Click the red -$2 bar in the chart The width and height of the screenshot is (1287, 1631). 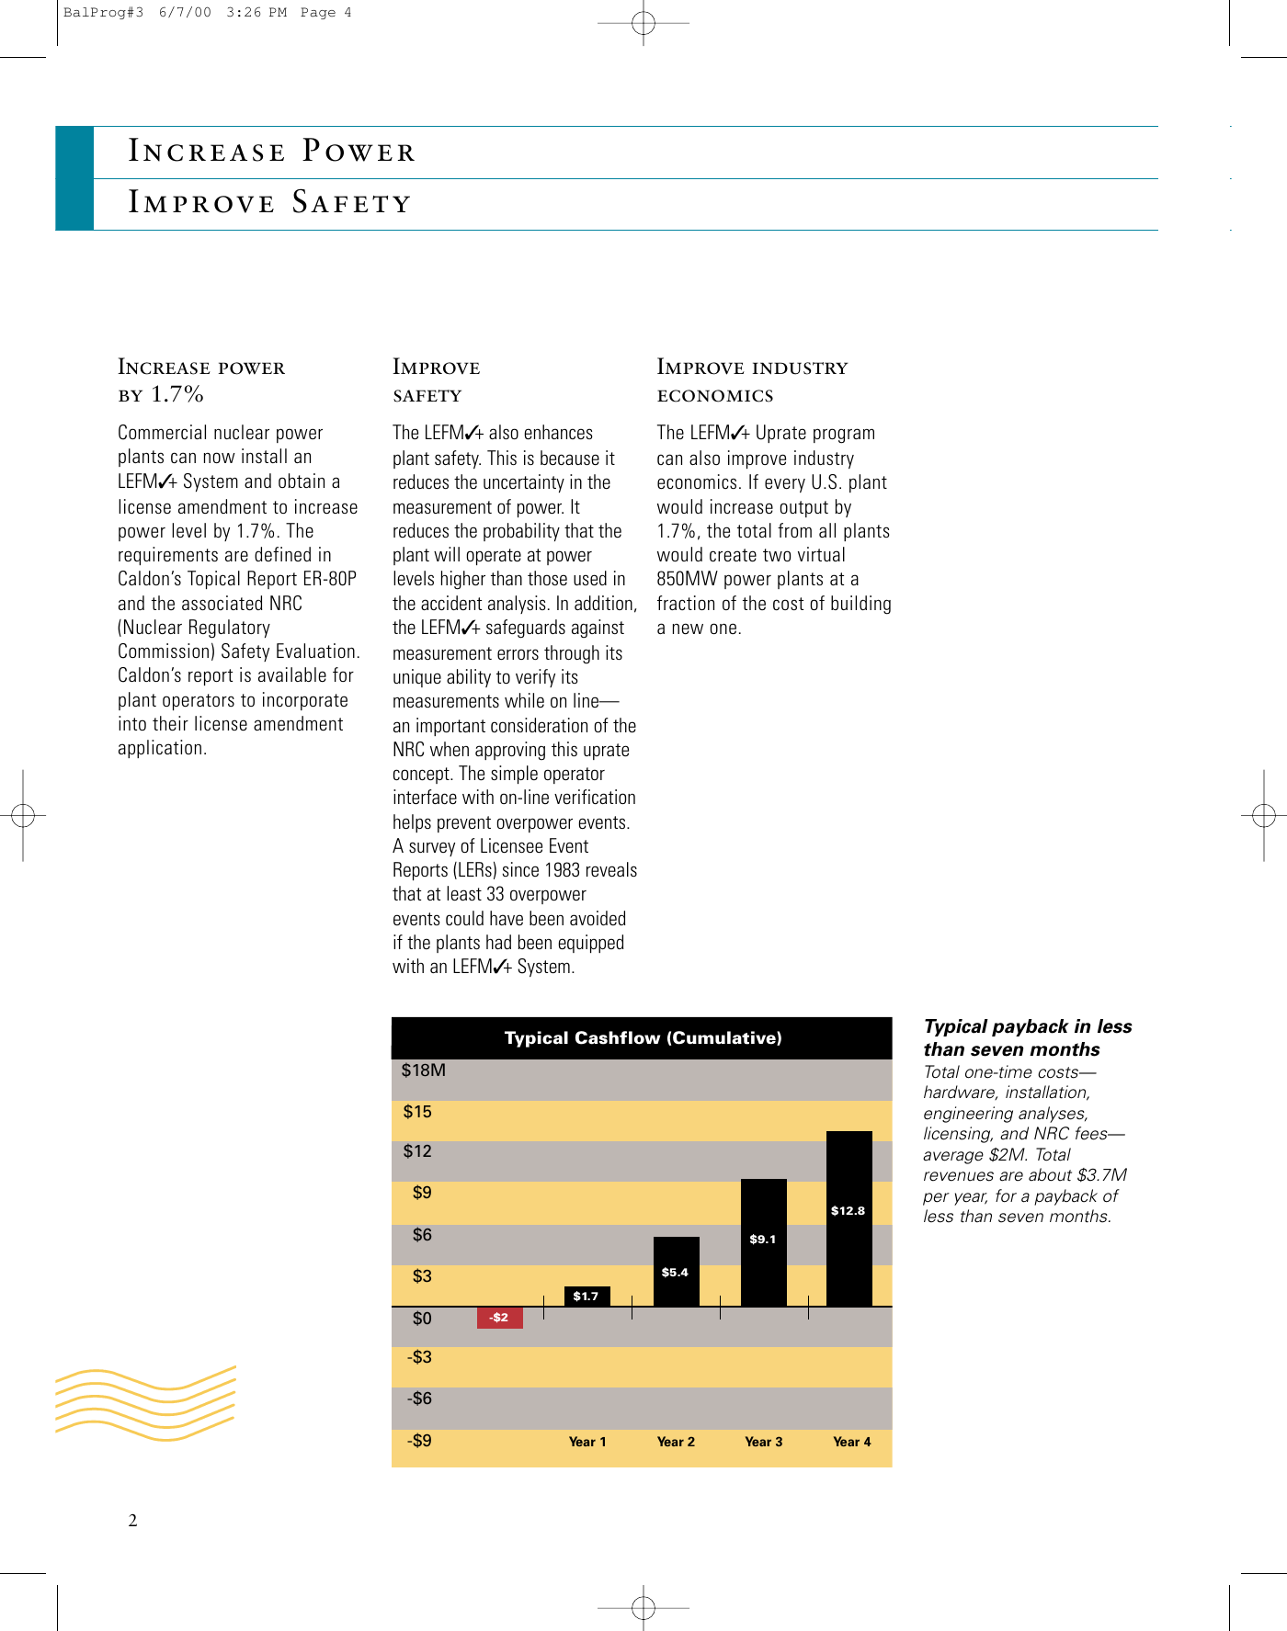499,1318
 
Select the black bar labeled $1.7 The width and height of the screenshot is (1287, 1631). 587,1297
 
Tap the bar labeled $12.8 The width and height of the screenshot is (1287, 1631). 849,1218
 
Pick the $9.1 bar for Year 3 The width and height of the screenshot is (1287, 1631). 763,1241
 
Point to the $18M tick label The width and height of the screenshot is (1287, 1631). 423,1070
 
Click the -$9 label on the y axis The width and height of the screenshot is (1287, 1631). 419,1441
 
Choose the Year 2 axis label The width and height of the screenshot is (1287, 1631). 676,1442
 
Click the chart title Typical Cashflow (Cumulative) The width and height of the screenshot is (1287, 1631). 643,1038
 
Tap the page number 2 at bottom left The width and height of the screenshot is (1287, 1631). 132,1521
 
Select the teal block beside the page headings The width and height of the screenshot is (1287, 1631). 74,178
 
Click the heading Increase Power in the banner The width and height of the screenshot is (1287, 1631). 272,152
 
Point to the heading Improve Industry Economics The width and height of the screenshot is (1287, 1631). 752,380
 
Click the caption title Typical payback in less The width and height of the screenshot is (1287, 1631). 1027,1027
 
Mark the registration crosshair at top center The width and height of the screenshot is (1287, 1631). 643,24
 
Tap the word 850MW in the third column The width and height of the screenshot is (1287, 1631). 687,579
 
